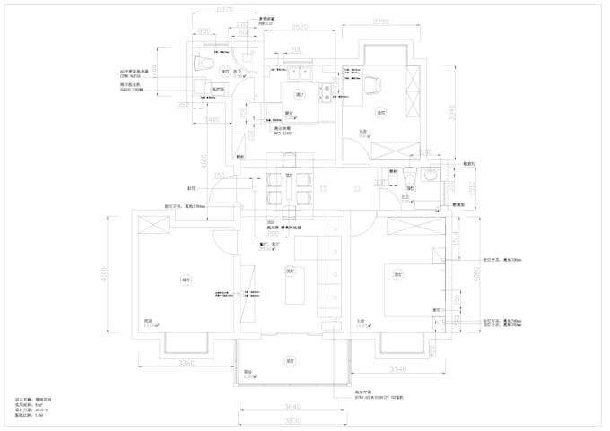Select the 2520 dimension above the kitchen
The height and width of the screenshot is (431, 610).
tap(300, 29)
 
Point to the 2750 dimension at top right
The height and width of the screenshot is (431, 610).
tap(380, 22)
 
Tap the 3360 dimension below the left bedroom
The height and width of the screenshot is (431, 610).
tap(186, 363)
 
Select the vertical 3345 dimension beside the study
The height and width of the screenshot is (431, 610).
tap(455, 111)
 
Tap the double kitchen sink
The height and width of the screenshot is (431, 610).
tap(299, 70)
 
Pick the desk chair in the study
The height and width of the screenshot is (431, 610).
tap(370, 85)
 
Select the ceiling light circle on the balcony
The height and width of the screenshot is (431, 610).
tap(291, 362)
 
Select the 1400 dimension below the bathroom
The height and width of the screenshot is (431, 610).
tap(213, 118)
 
